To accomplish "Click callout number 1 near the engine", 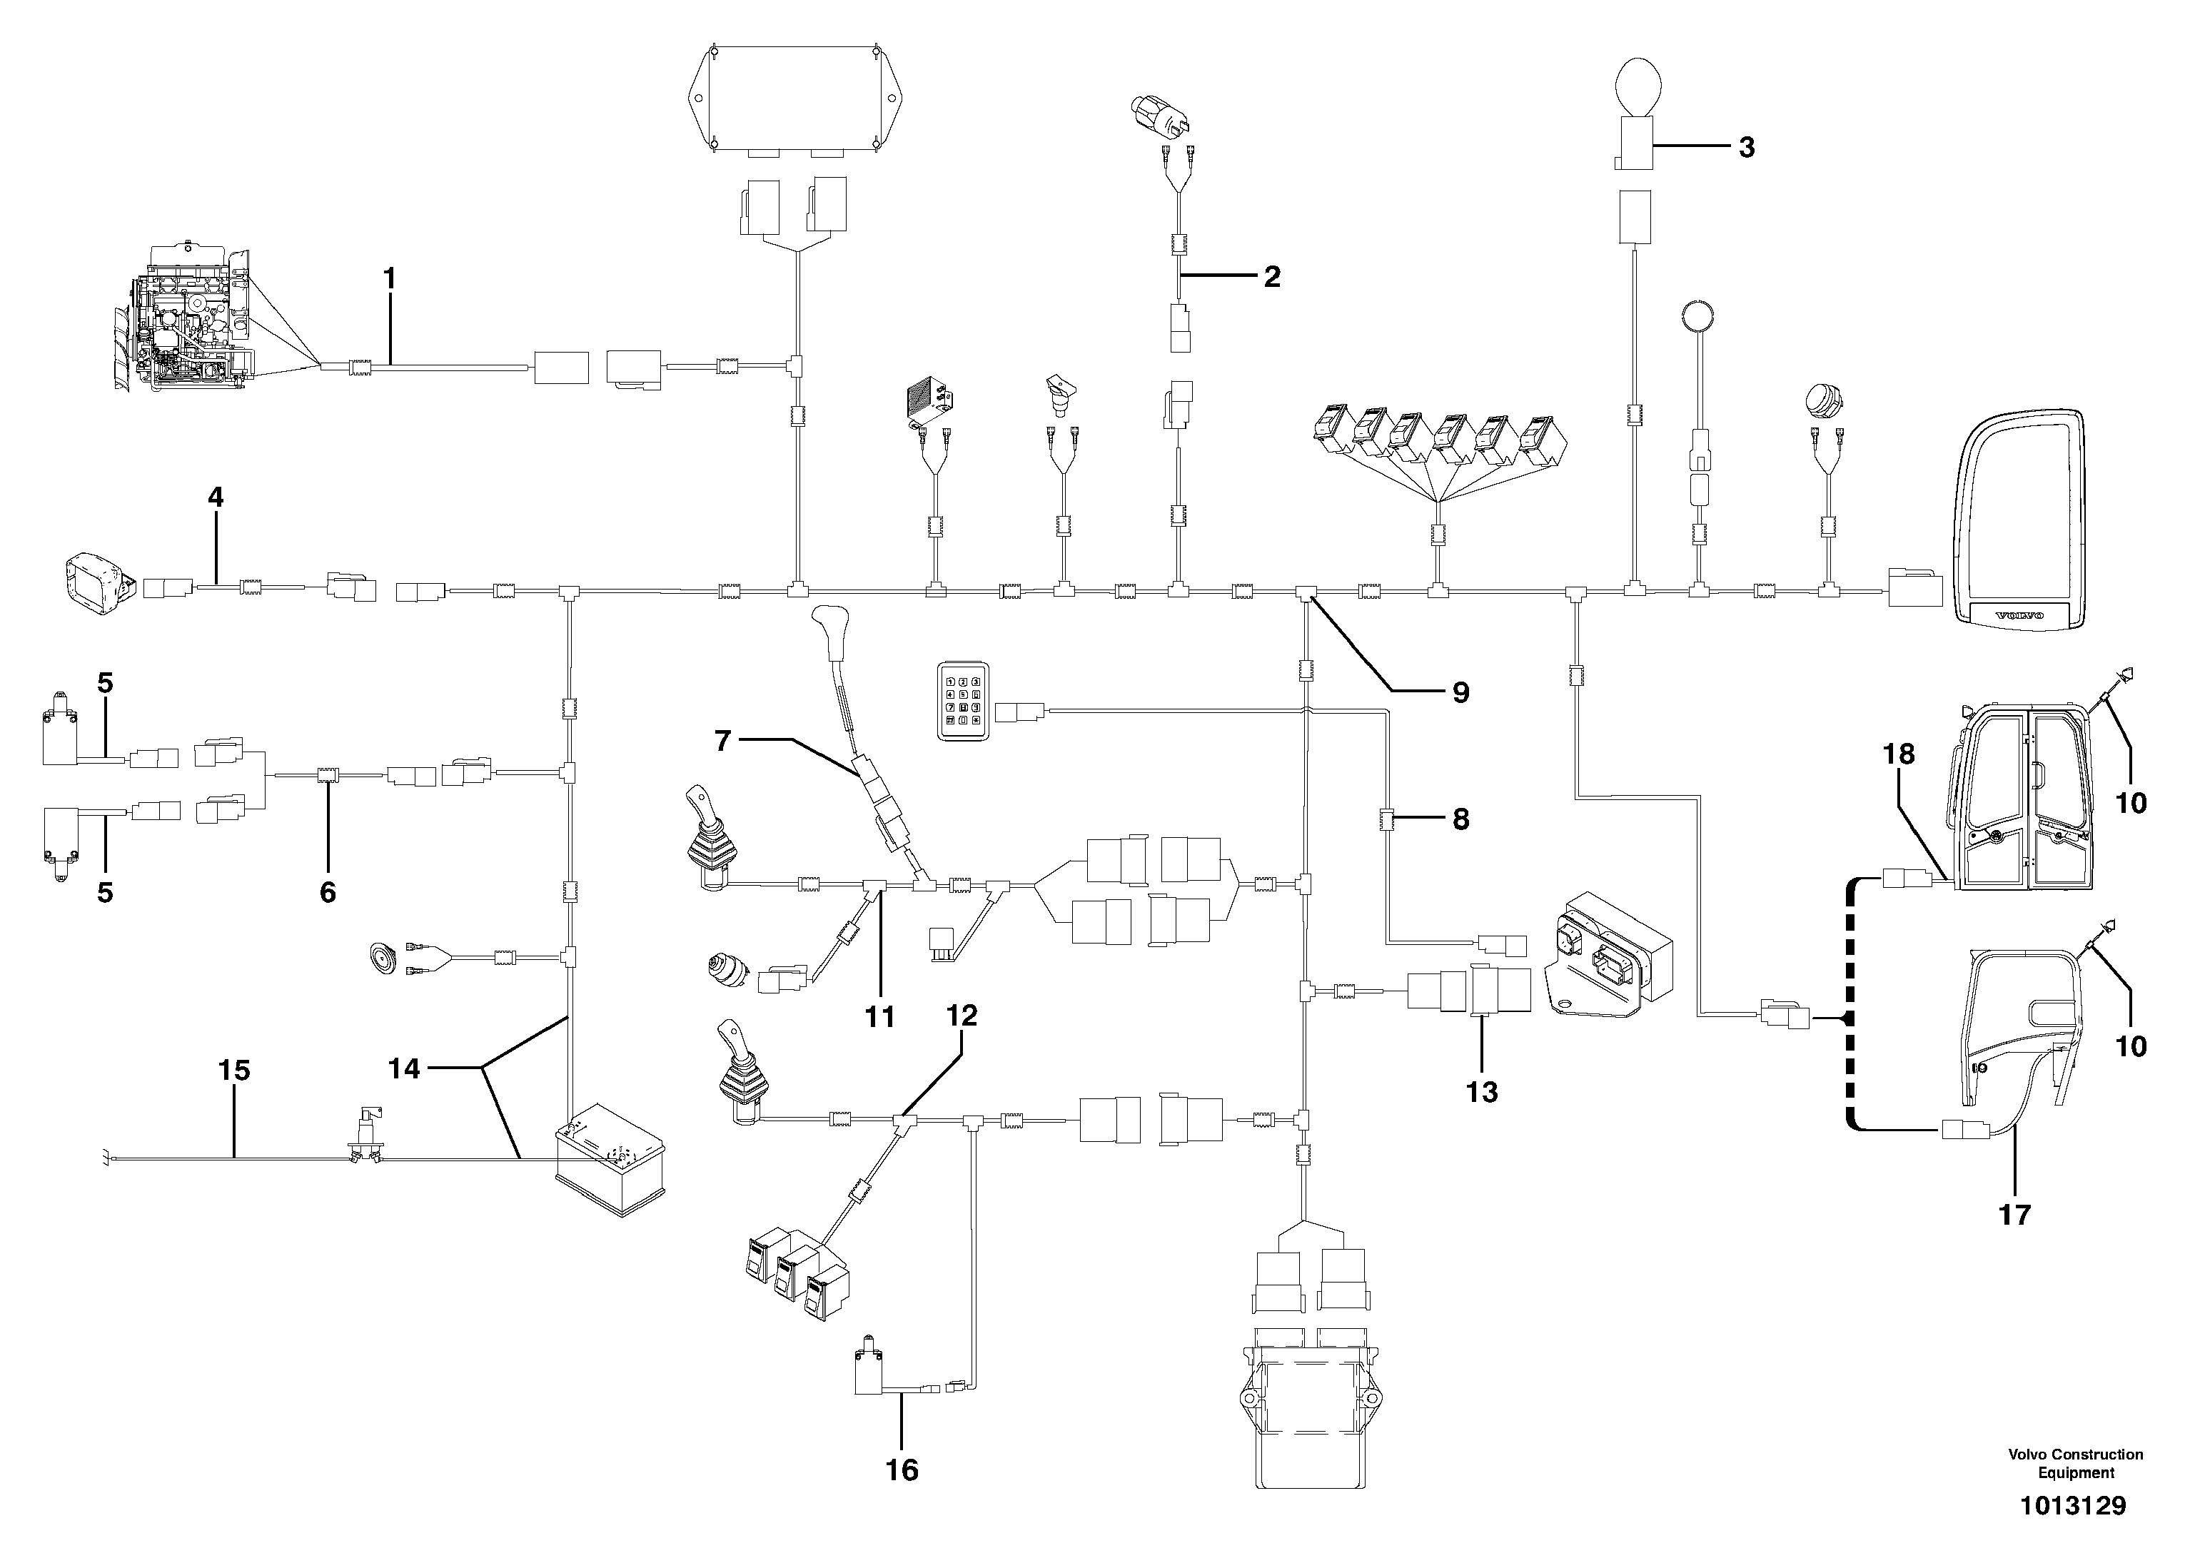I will [x=389, y=279].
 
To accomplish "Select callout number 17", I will [x=2015, y=1215].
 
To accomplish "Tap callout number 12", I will [x=961, y=1016].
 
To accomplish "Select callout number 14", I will [x=404, y=1069].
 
